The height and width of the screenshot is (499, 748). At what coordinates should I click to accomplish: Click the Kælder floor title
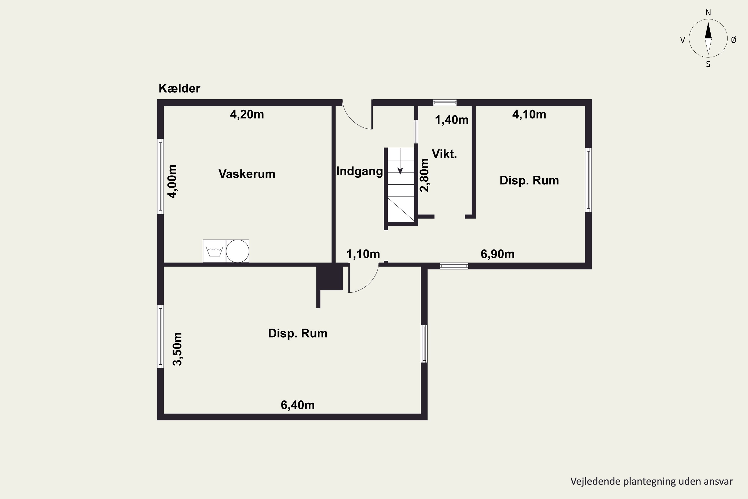(x=179, y=89)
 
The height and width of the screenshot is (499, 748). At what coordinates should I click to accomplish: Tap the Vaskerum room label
(x=247, y=174)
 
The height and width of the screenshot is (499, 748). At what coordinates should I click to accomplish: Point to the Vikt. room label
(x=444, y=154)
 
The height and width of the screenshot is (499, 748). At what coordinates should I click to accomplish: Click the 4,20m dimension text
(x=247, y=115)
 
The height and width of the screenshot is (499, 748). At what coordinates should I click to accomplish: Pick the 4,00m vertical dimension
(x=172, y=181)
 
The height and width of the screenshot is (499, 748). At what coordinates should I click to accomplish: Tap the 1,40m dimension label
(x=452, y=120)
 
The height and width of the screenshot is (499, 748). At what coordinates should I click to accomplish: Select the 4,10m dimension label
(x=529, y=115)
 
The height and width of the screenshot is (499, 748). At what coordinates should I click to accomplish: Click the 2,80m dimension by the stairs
(x=425, y=175)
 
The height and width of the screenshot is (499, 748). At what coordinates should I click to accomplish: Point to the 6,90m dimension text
(x=497, y=254)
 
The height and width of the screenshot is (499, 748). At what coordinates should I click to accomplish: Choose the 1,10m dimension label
(x=363, y=254)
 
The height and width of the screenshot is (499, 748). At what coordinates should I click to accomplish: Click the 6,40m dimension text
(x=298, y=405)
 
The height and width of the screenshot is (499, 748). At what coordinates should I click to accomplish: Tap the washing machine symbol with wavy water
(x=214, y=251)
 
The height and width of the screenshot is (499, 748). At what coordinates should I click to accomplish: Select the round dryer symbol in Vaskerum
(x=238, y=251)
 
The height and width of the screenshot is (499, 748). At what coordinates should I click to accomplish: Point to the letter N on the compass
(x=708, y=13)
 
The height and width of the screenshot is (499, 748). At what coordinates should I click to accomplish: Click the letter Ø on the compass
(x=733, y=40)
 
